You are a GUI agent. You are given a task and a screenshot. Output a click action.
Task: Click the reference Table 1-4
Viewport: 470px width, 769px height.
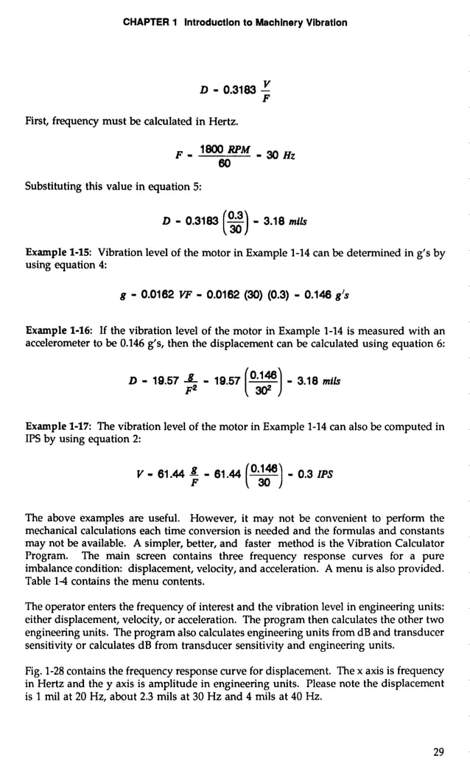point(48,582)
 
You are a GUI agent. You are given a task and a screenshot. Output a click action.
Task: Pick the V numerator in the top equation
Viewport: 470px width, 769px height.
point(264,83)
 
